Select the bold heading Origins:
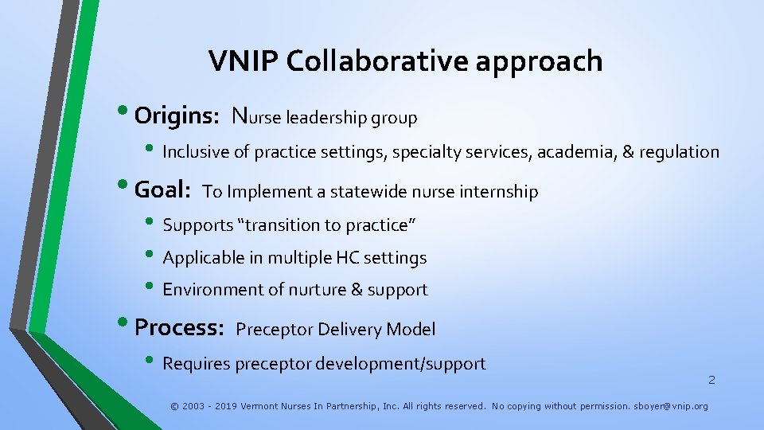pyautogui.click(x=177, y=116)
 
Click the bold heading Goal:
pyautogui.click(x=162, y=190)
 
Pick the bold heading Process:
pyautogui.click(x=179, y=327)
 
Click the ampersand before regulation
pyautogui.click(x=629, y=152)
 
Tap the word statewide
pyautogui.click(x=369, y=192)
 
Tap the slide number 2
pyautogui.click(x=711, y=380)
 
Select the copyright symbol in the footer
pyautogui.click(x=174, y=406)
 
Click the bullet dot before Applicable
pyautogui.click(x=150, y=257)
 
